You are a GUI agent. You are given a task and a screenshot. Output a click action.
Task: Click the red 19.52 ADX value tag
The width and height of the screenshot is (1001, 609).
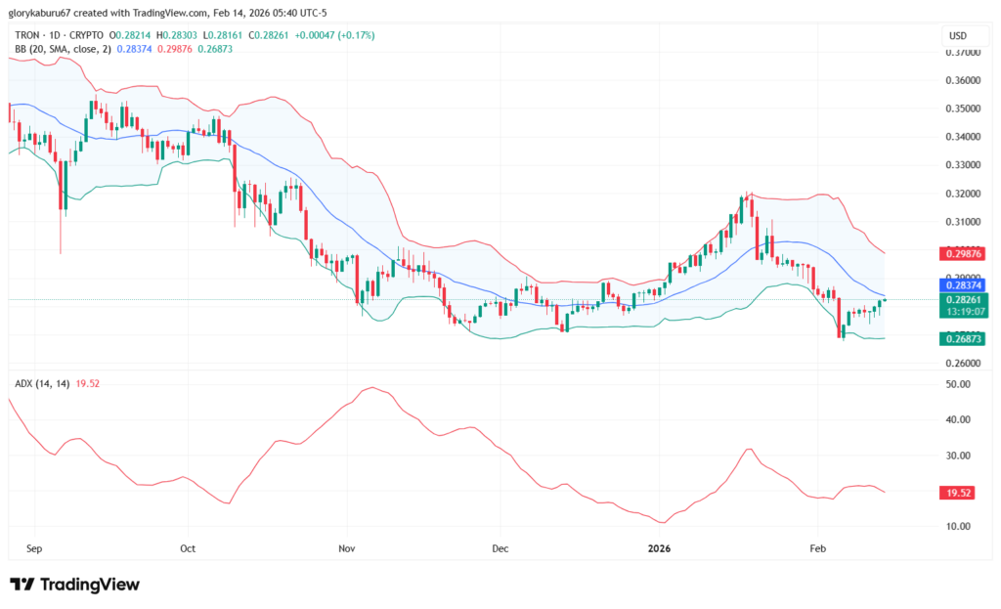[958, 495]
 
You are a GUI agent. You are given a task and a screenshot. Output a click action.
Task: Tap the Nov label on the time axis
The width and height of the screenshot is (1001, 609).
[345, 548]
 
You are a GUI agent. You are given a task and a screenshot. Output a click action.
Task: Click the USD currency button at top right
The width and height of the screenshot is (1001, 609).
[957, 36]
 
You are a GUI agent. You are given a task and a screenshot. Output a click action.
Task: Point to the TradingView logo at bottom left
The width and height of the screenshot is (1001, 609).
[75, 585]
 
